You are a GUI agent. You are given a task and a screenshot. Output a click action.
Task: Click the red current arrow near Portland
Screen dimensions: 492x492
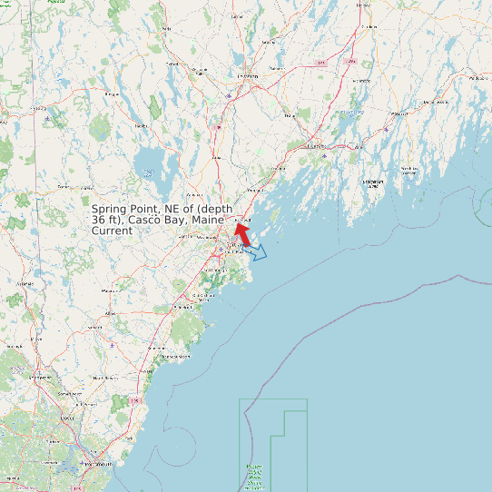pyautogui.click(x=244, y=232)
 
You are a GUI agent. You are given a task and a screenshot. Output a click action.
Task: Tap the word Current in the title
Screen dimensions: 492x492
pyautogui.click(x=113, y=231)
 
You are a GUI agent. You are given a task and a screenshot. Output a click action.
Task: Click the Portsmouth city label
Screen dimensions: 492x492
pyautogui.click(x=96, y=464)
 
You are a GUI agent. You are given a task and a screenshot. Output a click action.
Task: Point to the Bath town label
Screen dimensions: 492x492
pyautogui.click(x=317, y=146)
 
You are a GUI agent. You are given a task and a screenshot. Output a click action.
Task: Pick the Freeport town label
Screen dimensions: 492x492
pyautogui.click(x=256, y=191)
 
